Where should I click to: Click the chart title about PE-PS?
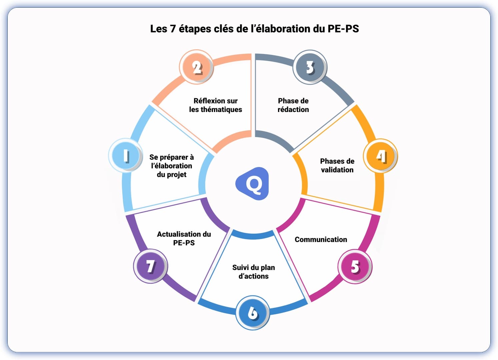(254, 29)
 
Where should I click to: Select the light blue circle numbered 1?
(126, 155)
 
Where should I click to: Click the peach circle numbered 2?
(197, 67)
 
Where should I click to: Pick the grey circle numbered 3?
(310, 67)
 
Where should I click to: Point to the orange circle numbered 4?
(380, 156)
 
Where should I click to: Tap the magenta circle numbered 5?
(355, 267)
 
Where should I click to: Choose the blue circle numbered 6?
(252, 313)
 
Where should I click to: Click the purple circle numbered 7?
(151, 266)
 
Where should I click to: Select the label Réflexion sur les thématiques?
(215, 105)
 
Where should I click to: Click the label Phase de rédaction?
(293, 105)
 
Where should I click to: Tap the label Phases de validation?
(337, 165)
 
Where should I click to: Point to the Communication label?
(321, 239)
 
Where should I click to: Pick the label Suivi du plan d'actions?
(253, 272)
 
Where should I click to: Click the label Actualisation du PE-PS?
(184, 238)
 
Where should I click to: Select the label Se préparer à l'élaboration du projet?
(171, 166)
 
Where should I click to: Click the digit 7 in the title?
(173, 29)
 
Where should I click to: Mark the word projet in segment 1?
(177, 175)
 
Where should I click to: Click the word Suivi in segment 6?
(241, 267)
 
